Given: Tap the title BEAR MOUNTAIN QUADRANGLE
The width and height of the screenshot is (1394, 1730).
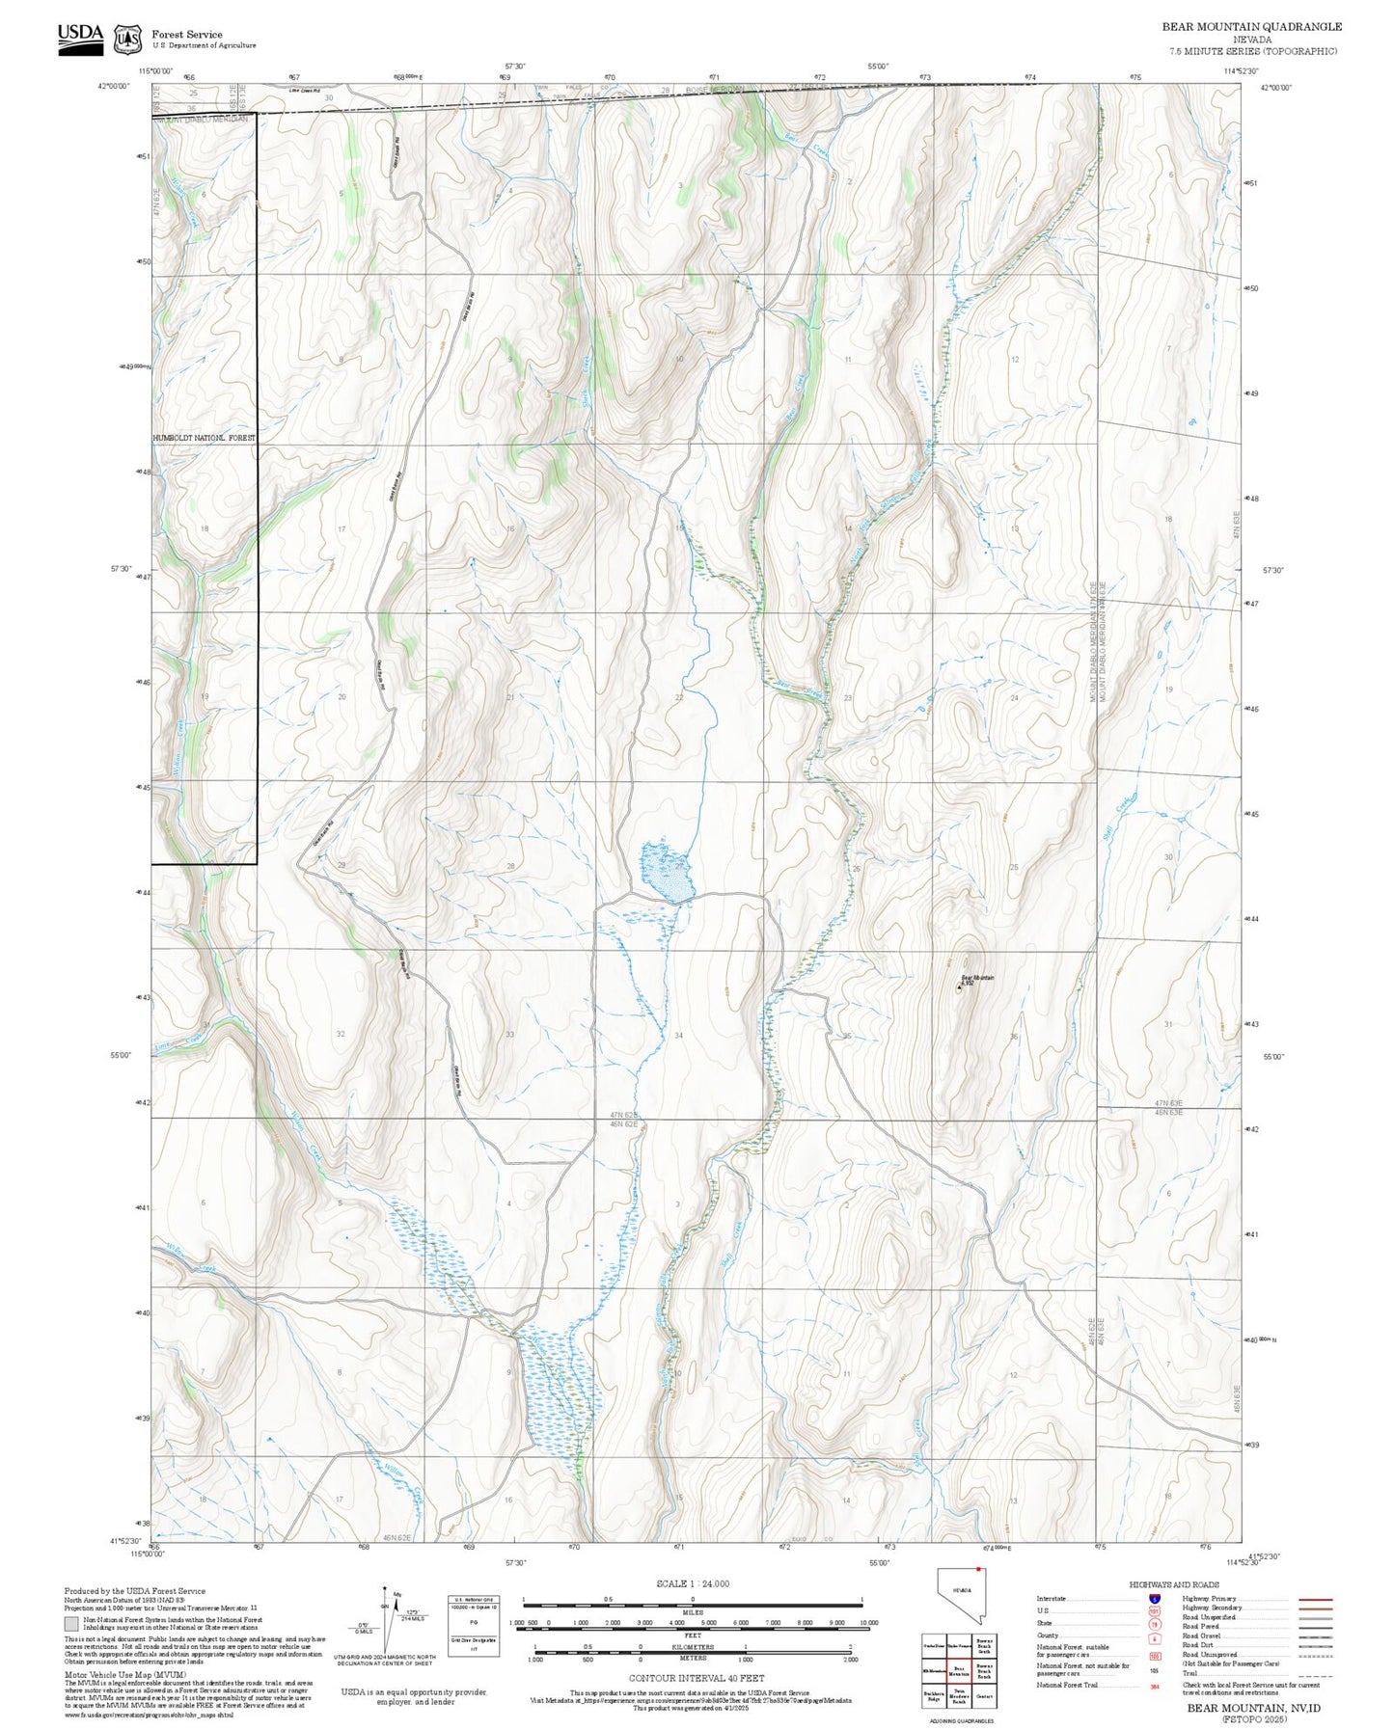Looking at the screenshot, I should coord(1251,26).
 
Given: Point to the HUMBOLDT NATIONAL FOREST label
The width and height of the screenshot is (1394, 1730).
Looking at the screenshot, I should coord(205,438).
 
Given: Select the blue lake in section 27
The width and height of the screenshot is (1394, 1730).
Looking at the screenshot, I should coord(663,871).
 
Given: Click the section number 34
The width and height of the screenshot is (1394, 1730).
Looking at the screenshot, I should coord(679,1036).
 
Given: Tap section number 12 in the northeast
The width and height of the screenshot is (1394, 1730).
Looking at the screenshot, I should coord(1015,360).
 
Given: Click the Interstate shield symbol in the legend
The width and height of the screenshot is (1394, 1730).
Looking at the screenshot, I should coord(1154,1598).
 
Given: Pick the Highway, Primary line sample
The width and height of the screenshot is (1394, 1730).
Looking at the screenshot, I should coord(1316,1598).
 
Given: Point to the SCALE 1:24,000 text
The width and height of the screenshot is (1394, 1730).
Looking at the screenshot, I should coord(692,1583).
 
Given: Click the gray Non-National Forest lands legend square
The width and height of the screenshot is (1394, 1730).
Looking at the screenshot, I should coord(71,1624).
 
